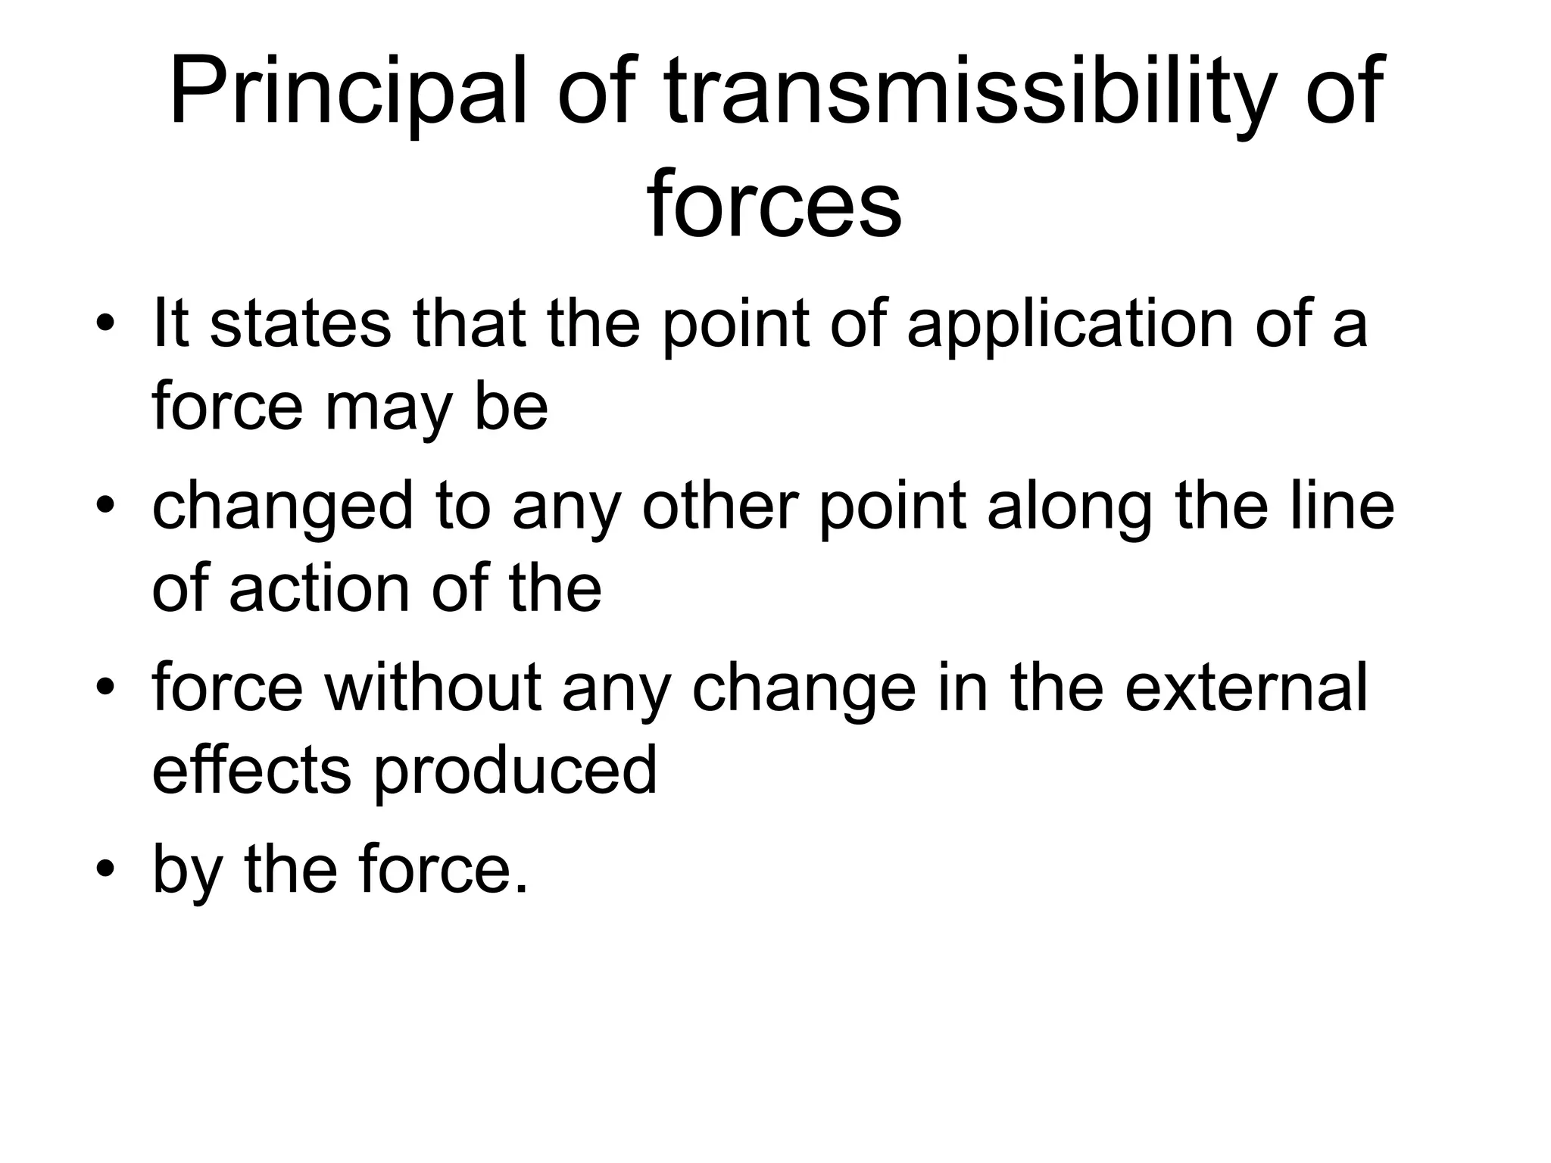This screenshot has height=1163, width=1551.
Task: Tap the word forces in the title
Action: pyautogui.click(x=774, y=203)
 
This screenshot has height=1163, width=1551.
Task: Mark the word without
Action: pyautogui.click(x=432, y=687)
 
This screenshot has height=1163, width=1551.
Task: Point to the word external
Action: pyautogui.click(x=1246, y=687)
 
